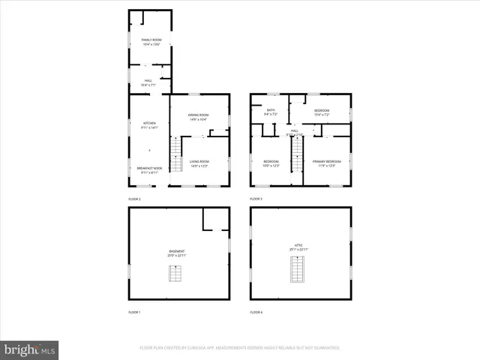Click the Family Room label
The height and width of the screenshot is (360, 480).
151,41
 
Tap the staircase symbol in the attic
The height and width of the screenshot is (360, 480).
298,269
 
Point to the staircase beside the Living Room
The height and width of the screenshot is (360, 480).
176,160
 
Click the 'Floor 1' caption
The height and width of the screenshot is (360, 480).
134,311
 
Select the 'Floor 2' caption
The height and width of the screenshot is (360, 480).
134,199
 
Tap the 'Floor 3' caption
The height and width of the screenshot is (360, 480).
256,199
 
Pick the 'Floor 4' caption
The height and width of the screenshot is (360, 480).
256,311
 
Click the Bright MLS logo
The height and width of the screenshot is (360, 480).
29,350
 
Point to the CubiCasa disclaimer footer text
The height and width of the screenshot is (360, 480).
240,348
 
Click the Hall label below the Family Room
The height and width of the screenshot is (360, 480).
148,83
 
